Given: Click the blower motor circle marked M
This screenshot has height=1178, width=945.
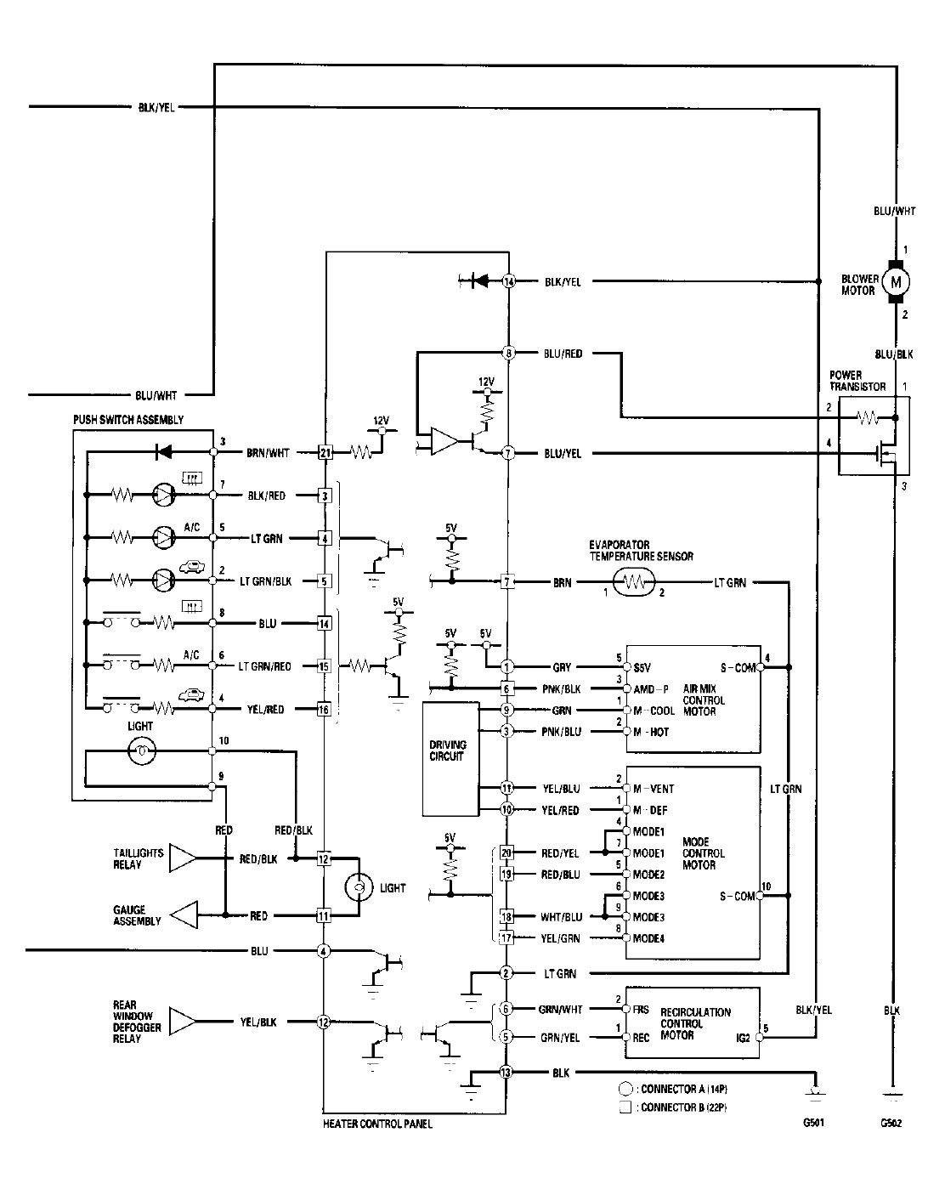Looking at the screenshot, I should click(894, 281).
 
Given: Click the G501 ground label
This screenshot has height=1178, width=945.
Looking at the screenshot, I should click(812, 1123).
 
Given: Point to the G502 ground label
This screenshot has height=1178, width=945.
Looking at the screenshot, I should click(891, 1123).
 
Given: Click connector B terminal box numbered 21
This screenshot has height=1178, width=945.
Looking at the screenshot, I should click(324, 453).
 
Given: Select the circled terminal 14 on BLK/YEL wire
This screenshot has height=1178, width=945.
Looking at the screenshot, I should click(508, 281).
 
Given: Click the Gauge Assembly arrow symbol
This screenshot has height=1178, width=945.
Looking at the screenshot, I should click(183, 915).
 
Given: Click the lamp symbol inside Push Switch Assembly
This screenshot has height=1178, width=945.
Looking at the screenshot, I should click(141, 750).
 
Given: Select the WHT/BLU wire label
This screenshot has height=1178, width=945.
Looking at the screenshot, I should click(563, 917).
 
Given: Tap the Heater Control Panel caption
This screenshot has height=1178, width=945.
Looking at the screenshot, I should click(377, 1124).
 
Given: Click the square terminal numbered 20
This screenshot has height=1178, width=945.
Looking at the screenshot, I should click(507, 852).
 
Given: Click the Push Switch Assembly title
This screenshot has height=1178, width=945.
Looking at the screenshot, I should click(128, 420).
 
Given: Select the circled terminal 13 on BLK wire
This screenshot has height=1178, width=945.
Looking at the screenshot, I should click(507, 1073).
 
